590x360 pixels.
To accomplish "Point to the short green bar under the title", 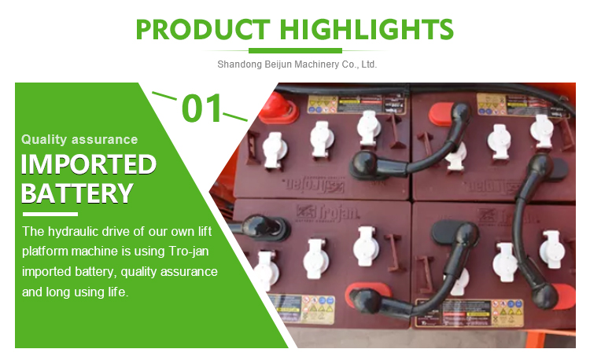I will [295, 50].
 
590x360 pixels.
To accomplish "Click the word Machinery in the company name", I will [311, 64].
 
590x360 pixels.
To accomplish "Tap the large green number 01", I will [202, 108].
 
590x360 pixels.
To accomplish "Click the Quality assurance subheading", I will [79, 140].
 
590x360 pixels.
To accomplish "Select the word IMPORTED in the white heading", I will [88, 164].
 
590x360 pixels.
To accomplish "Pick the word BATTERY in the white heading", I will [76, 193].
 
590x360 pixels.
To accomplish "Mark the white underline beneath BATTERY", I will [50, 214].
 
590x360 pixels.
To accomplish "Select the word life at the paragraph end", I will [115, 292].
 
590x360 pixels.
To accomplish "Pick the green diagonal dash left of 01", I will [164, 97].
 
